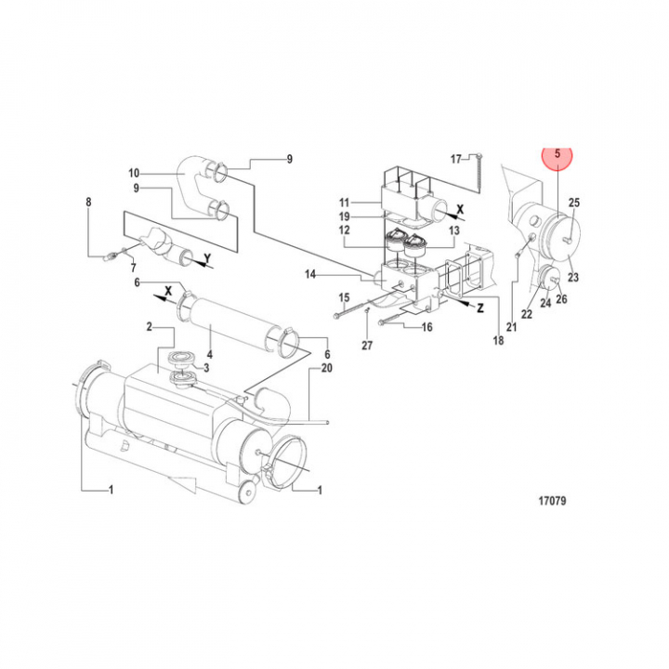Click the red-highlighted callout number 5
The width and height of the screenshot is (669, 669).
[557, 157]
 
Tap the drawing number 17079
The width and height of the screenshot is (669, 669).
[552, 502]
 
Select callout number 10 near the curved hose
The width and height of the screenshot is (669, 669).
[134, 174]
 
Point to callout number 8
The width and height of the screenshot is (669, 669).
[89, 202]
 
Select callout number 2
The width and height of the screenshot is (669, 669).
[148, 327]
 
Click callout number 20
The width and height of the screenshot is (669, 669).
[325, 368]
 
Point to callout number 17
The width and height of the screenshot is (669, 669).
[456, 159]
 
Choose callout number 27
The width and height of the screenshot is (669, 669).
[366, 346]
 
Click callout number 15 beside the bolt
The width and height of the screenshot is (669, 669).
[344, 297]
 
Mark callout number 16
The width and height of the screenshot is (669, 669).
[427, 327]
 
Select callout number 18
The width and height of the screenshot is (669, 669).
[498, 341]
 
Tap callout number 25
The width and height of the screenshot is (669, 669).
[573, 203]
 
